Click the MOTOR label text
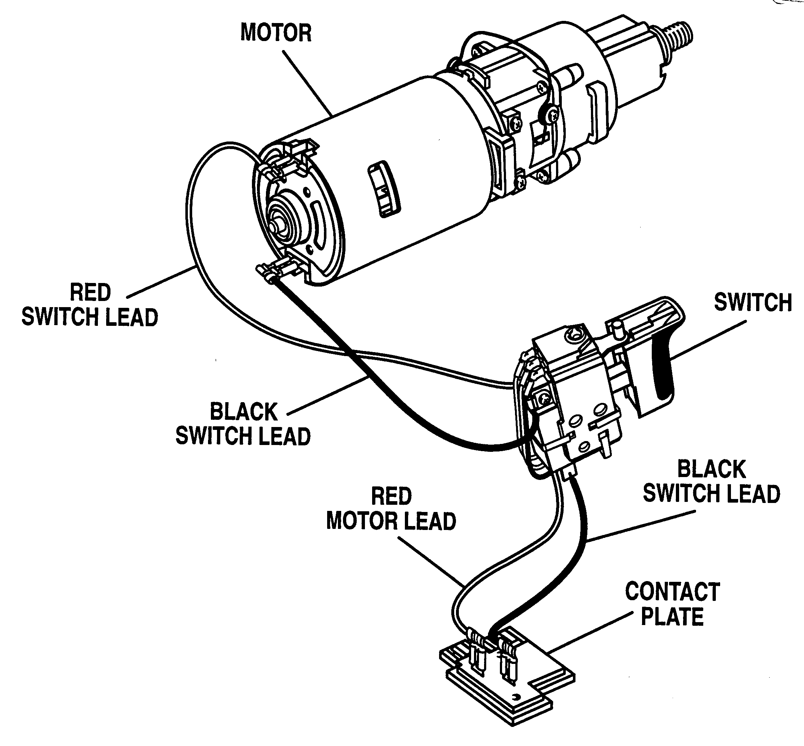point(276,33)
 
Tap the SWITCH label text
point(753,302)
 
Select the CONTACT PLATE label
point(673,604)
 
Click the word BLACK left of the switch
point(244,412)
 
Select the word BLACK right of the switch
point(712,469)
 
